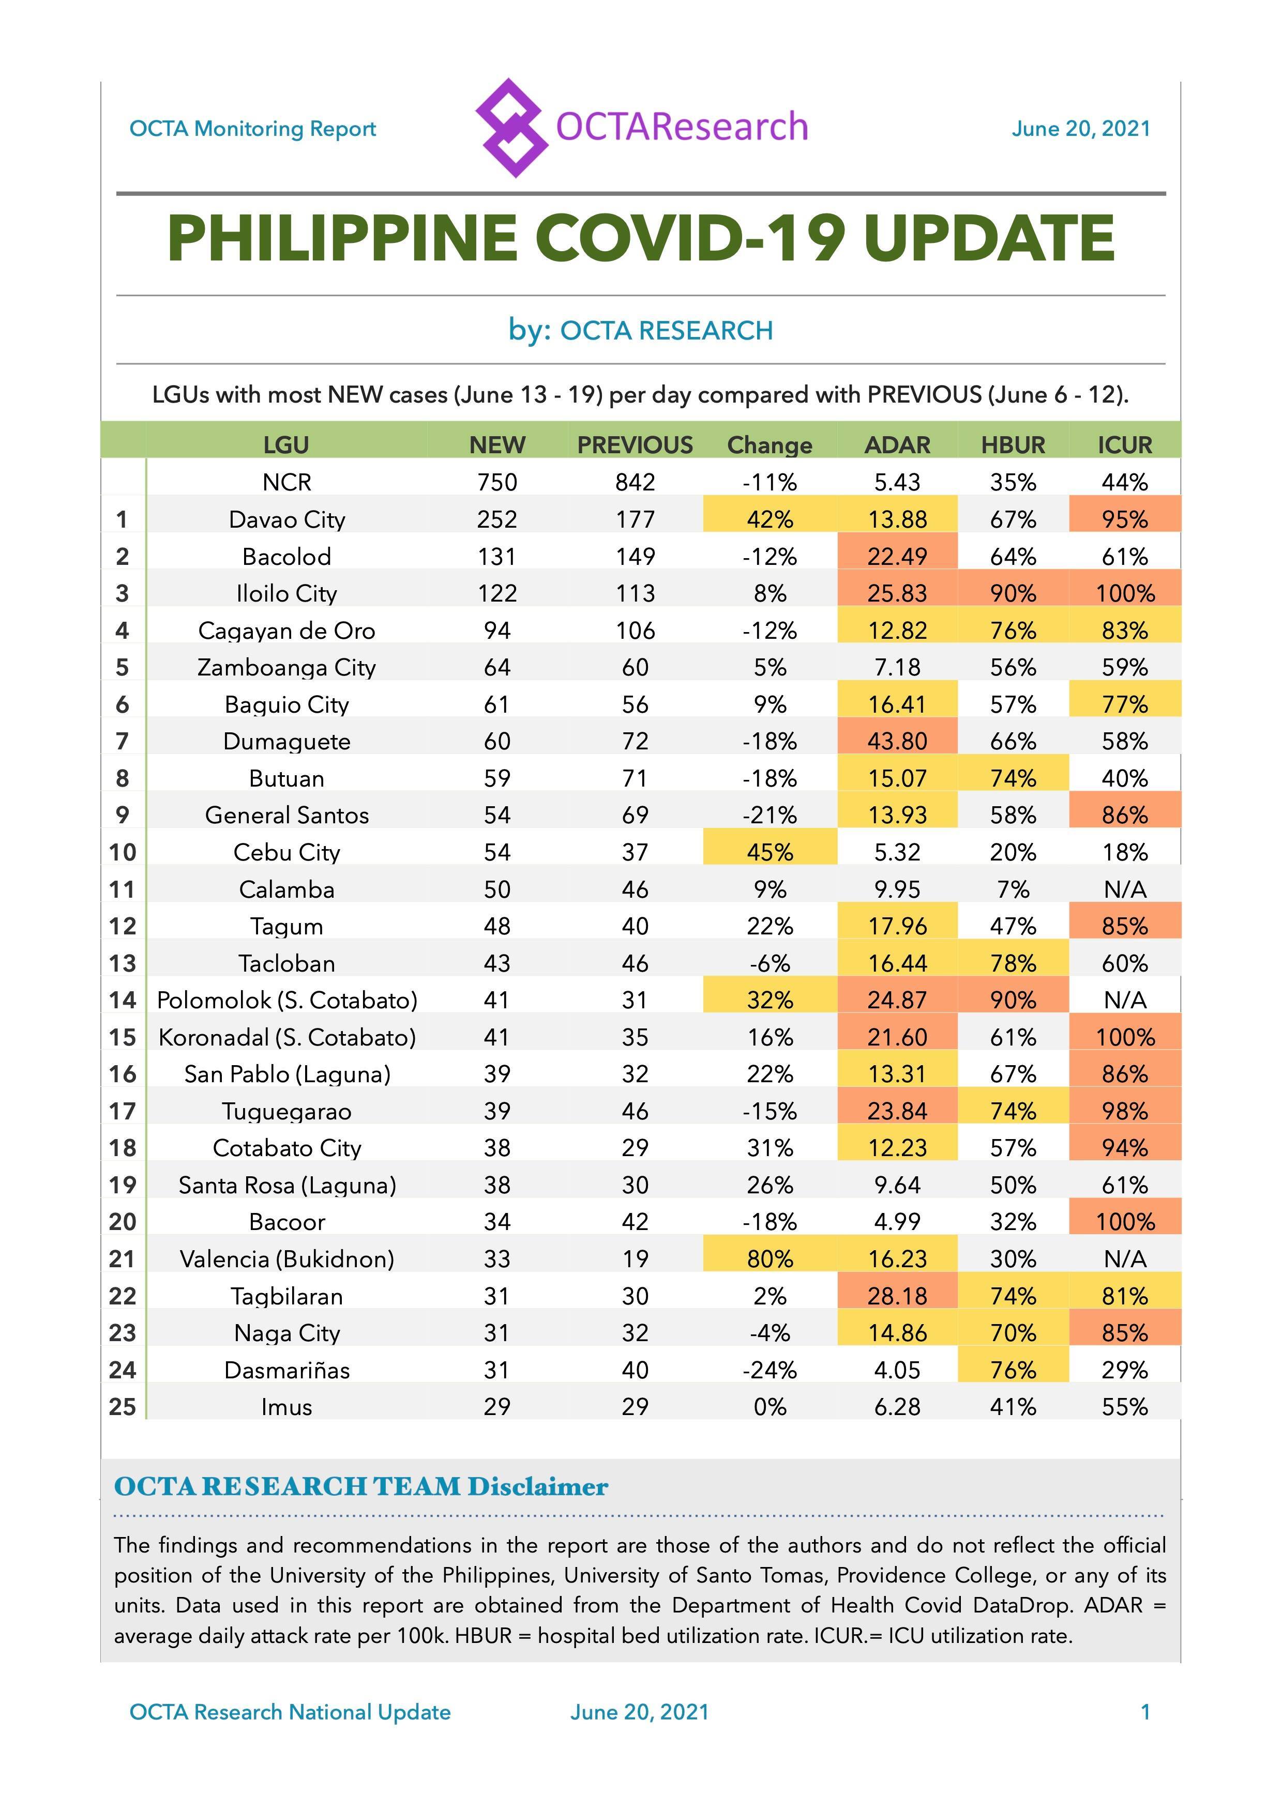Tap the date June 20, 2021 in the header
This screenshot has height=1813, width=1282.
point(1081,129)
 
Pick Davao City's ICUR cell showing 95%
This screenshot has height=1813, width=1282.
point(1125,519)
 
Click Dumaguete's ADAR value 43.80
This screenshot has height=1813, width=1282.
point(897,741)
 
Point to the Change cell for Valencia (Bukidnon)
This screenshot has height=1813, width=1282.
point(770,1258)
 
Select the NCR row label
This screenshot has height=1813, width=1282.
point(286,482)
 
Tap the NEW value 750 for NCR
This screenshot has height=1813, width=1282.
point(497,482)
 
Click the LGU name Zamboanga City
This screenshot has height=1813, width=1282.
point(286,667)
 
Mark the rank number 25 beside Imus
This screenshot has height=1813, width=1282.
point(123,1406)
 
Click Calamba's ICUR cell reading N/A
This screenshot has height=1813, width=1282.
point(1125,889)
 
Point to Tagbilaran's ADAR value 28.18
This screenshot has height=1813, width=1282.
point(897,1296)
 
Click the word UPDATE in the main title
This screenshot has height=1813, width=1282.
point(989,238)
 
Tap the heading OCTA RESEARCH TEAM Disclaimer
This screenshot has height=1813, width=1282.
point(361,1487)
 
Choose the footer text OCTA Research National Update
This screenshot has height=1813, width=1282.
point(290,1712)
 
